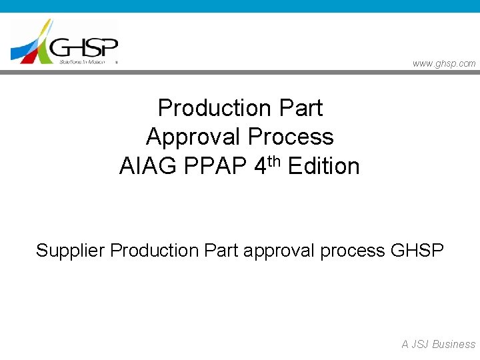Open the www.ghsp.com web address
point(444,63)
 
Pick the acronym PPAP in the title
point(214,166)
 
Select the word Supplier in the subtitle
point(71,251)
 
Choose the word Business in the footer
point(454,344)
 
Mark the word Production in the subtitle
point(155,251)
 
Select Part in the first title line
point(301,108)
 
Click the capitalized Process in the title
point(291,137)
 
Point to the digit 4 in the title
point(261,166)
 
